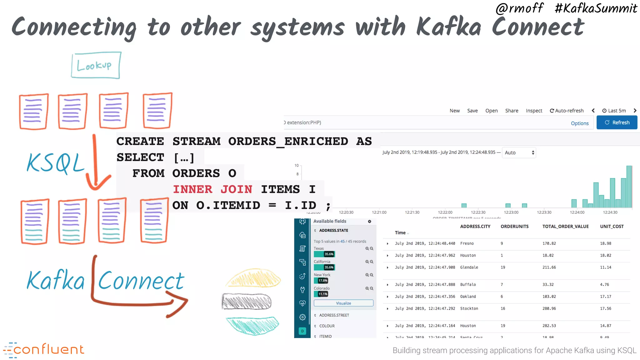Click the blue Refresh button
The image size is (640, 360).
pos(617,122)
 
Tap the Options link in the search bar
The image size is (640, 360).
pos(579,123)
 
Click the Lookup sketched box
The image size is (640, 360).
pos(96,65)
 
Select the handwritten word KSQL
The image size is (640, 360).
pos(56,163)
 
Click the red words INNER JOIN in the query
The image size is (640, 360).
pos(212,189)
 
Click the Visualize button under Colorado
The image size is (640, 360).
pos(343,303)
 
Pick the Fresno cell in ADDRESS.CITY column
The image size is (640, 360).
pos(467,243)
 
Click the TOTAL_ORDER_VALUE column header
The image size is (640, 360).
pos(565,227)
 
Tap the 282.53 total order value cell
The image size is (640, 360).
pos(549,326)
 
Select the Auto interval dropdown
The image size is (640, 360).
pos(519,152)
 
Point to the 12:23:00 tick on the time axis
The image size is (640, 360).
pos(511,212)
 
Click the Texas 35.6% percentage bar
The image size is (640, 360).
pos(324,254)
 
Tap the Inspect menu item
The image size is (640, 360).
pos(534,111)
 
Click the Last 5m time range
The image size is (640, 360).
pos(614,111)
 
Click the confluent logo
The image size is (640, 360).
pos(44,350)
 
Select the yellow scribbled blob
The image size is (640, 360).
pos(253,278)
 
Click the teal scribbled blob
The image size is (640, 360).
pos(252,325)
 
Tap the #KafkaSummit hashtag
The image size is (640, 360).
pos(596,8)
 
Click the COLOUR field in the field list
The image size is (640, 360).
pos(327,326)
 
